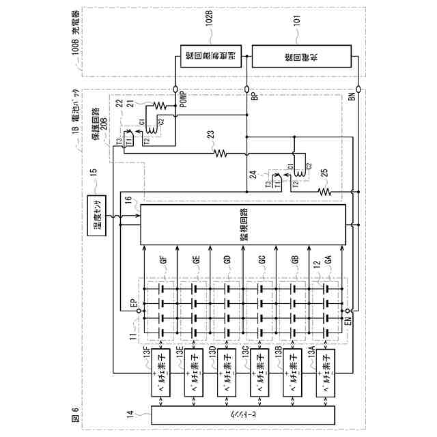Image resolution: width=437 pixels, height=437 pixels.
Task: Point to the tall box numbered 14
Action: (x=244, y=414)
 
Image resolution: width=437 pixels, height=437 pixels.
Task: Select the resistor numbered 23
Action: (x=220, y=155)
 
